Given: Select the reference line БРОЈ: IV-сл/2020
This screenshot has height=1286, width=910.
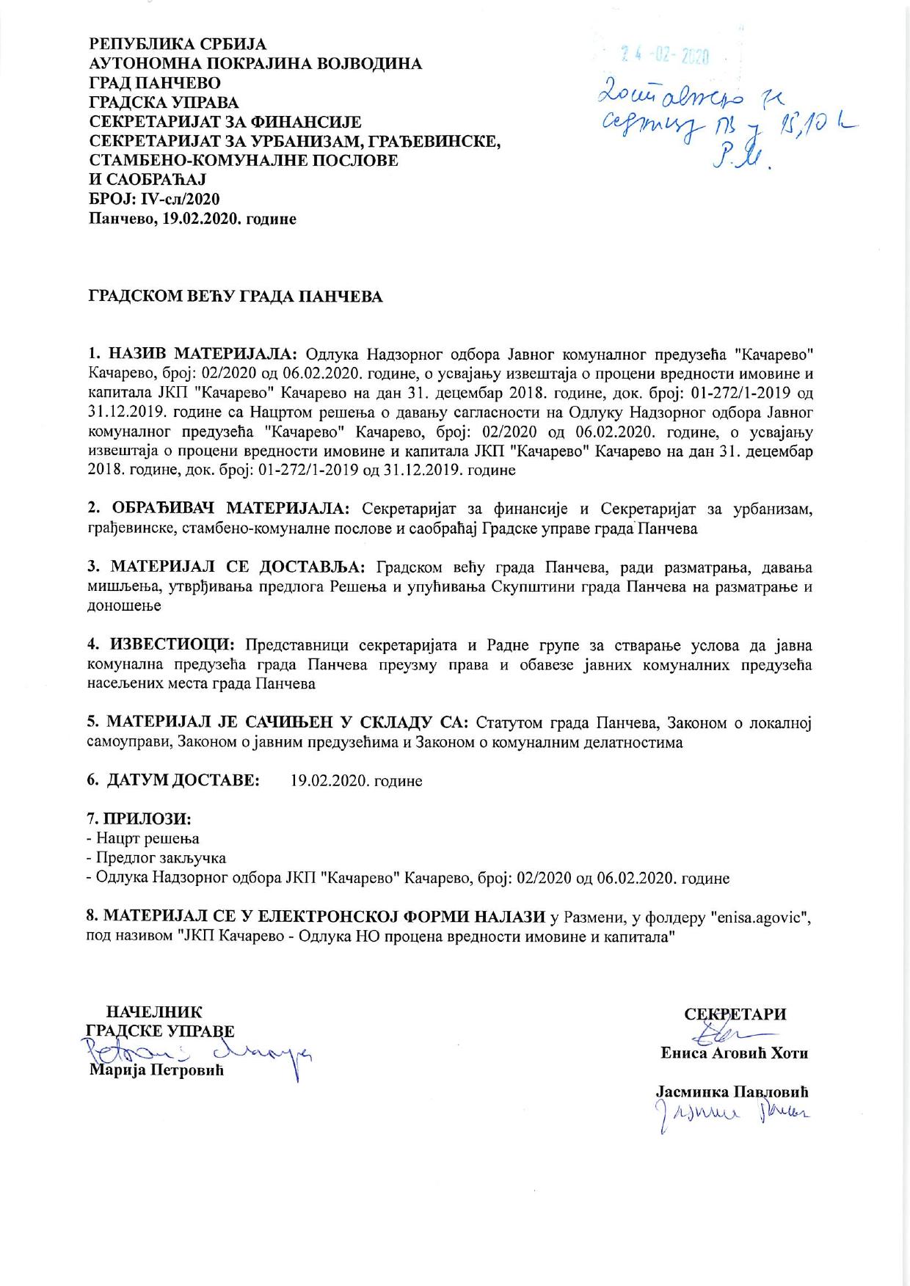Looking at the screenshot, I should pos(153,199).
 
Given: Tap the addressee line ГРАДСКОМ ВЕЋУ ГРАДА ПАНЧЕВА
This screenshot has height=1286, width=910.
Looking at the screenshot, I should pos(236,297).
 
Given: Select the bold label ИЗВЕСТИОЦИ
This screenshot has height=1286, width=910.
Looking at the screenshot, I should pos(172,644).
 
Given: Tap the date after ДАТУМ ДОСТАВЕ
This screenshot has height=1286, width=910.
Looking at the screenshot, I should pos(356,781).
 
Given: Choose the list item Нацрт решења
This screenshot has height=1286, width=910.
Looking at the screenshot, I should pos(146,838).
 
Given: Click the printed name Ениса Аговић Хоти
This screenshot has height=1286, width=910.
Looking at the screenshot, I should pos(734,1053).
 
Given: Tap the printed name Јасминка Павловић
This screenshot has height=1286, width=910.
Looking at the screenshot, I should pos(732,1092).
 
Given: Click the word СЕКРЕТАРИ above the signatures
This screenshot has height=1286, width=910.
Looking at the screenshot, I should pos(735,1014).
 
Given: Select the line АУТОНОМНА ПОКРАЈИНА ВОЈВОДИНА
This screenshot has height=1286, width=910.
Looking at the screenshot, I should pos(255,64).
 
